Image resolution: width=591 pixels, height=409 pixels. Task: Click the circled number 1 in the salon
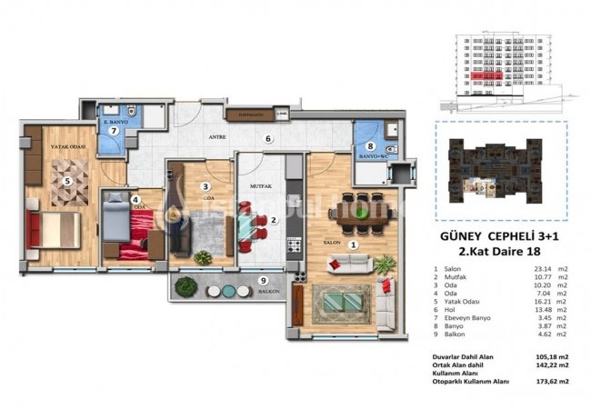354,243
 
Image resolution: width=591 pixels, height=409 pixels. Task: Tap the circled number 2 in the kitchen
274,219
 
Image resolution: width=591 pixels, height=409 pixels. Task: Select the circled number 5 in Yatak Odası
66,180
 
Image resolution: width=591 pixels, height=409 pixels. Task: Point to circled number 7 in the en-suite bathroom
114,130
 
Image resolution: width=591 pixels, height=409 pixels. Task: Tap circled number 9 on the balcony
264,281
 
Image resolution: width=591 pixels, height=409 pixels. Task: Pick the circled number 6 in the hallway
268,138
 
